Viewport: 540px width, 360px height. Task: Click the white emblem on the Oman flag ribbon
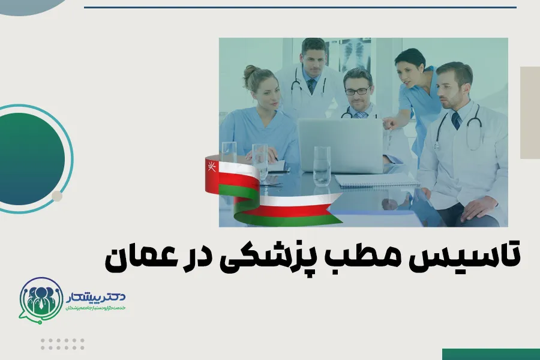[x=211, y=164]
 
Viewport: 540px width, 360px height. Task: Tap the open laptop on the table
[x=340, y=145]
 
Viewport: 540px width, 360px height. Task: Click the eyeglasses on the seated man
[x=358, y=91]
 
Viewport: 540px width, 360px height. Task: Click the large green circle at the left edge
[x=30, y=158]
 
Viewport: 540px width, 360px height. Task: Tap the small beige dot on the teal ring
[x=57, y=196]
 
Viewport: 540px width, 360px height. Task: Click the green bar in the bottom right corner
[x=490, y=354]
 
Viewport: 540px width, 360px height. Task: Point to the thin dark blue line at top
[x=300, y=7]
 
